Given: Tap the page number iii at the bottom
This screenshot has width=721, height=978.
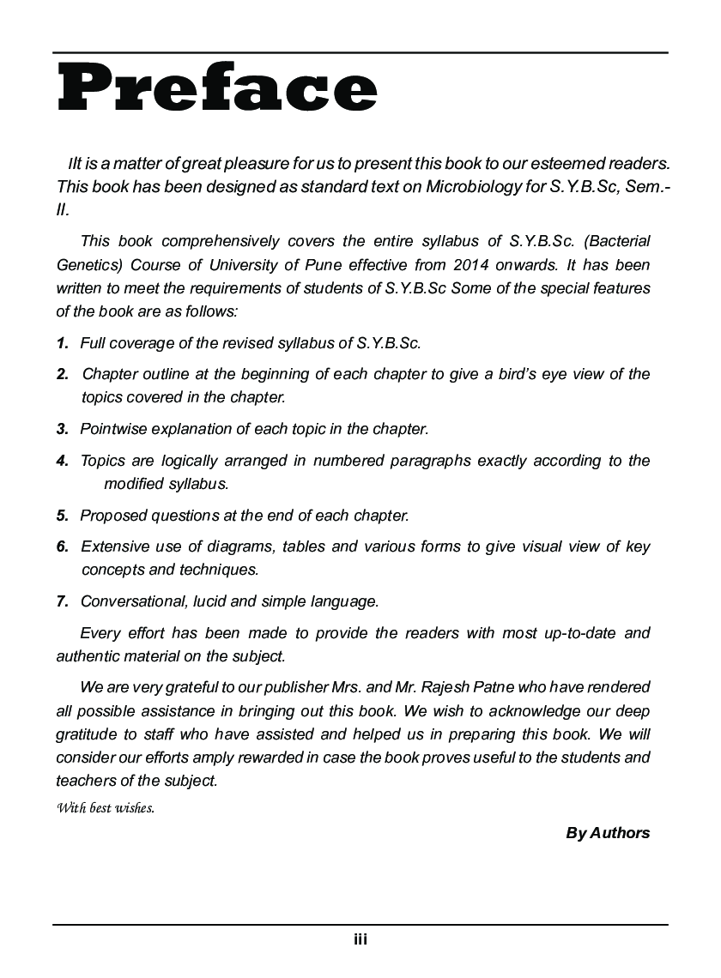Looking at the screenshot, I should [x=360, y=939].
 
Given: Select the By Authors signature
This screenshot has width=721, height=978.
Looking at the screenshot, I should [x=608, y=833].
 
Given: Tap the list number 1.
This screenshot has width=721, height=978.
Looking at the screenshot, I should [x=63, y=343].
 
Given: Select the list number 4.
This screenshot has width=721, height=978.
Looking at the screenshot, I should [x=63, y=461].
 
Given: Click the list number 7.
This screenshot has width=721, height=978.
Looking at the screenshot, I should [x=63, y=601].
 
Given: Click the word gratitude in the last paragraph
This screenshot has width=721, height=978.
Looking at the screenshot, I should [x=90, y=734].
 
